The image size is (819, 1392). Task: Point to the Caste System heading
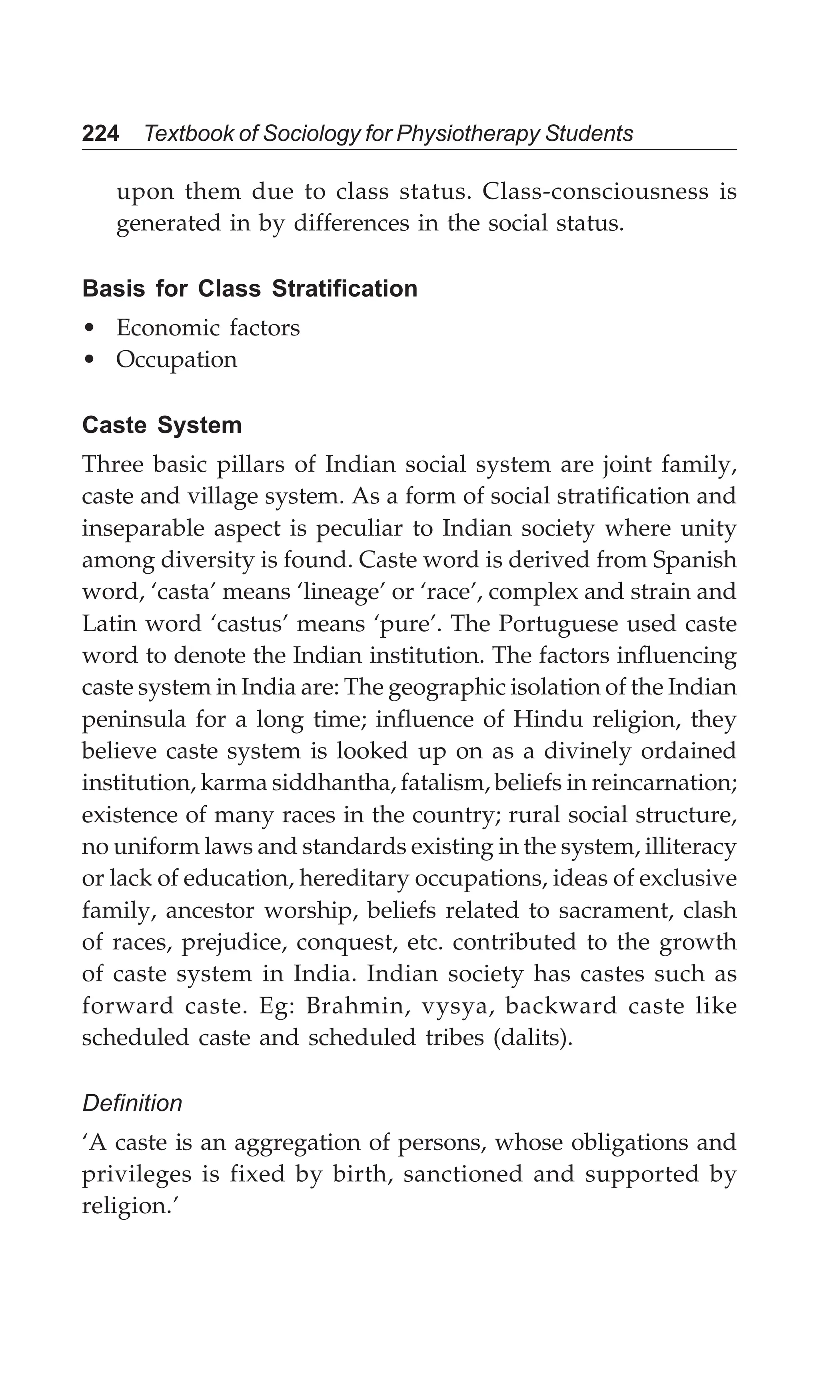[162, 425]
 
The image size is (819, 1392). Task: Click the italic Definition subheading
[132, 1104]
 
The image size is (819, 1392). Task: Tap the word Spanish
[694, 560]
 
